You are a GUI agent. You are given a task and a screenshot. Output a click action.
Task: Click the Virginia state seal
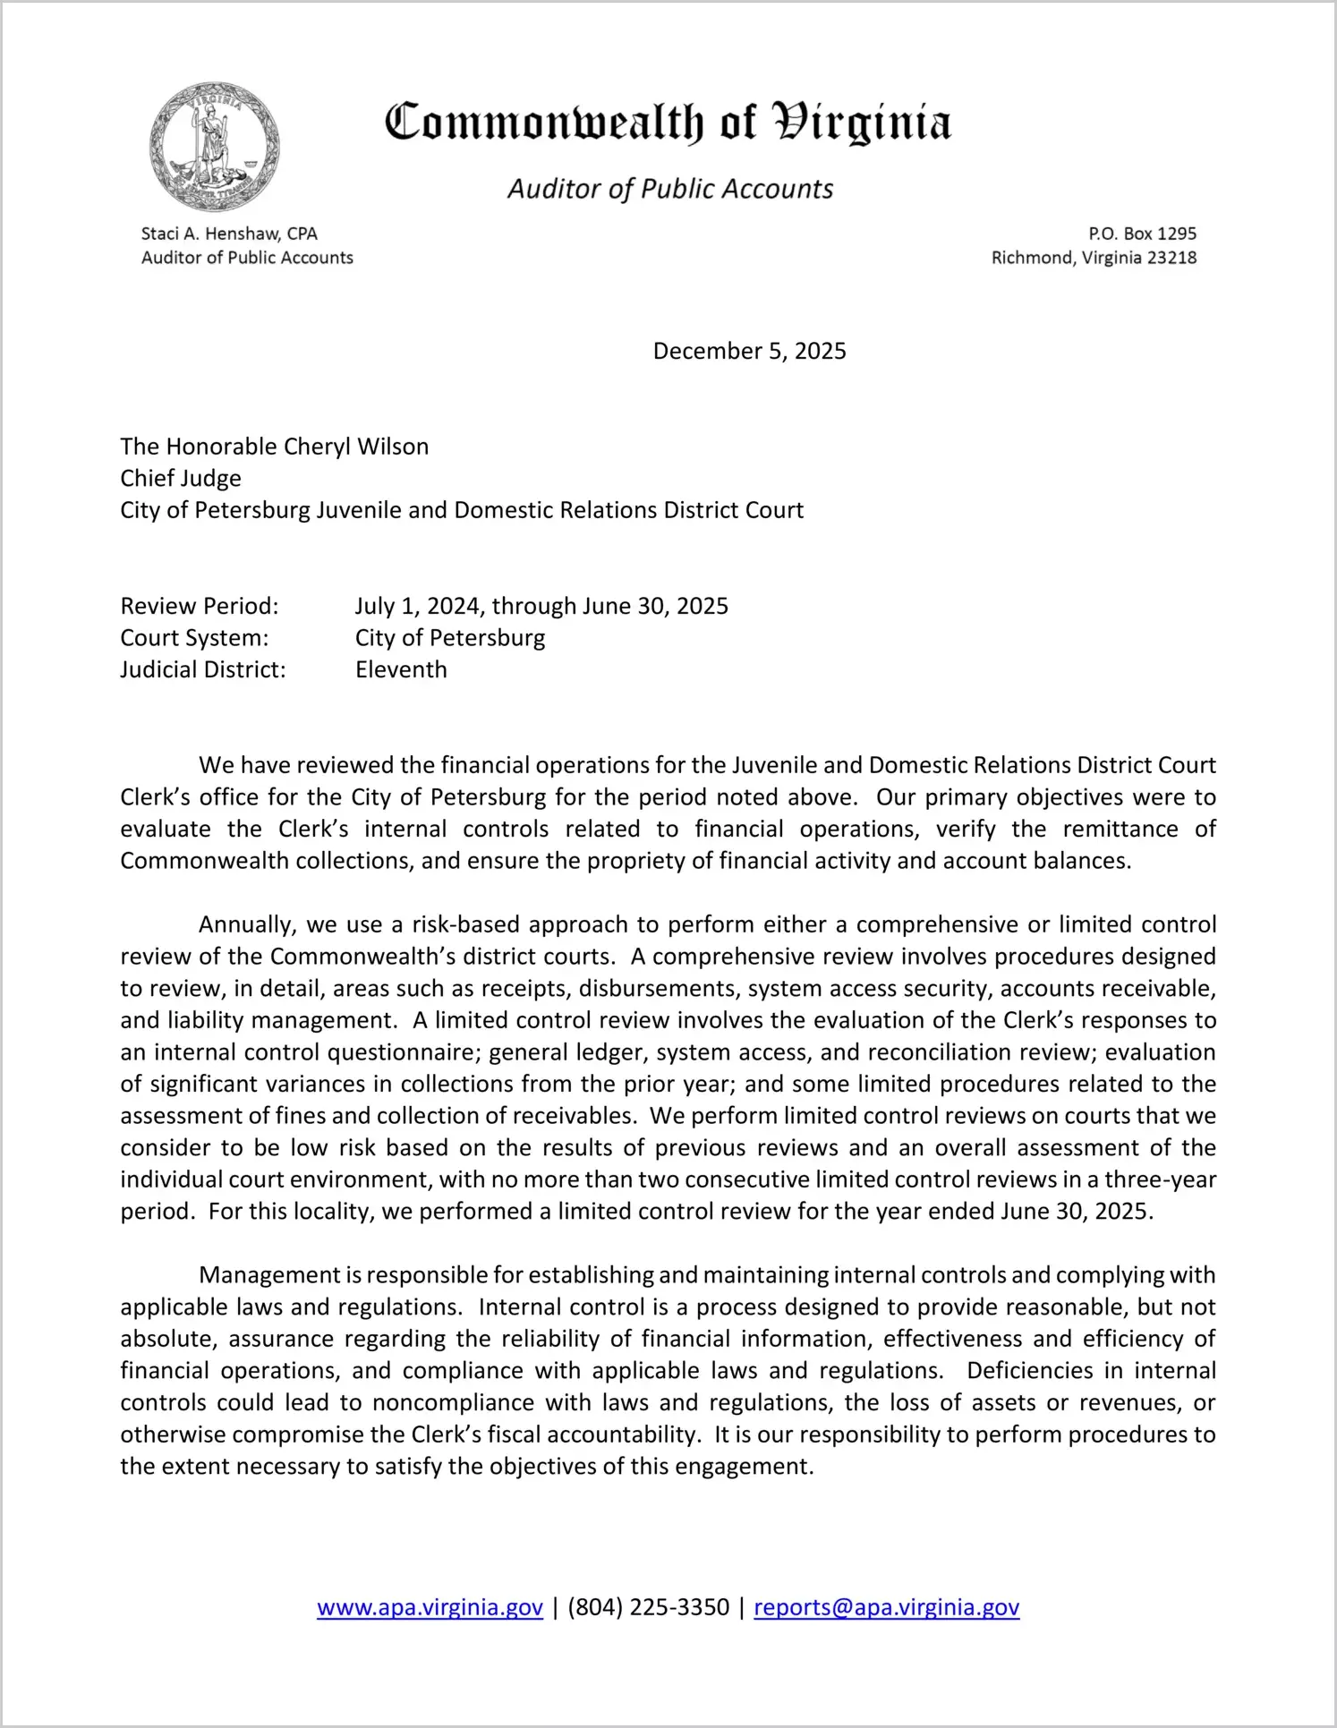pos(215,147)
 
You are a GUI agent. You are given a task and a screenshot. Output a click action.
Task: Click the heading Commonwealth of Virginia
pos(668,123)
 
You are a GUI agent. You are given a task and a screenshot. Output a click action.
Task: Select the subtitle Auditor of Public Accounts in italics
pos(670,189)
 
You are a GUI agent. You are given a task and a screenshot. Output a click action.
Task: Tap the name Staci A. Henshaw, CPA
pos(229,234)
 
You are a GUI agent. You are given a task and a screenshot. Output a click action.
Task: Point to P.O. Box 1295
pos(1142,234)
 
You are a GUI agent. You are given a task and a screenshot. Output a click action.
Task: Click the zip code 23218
pos(1171,258)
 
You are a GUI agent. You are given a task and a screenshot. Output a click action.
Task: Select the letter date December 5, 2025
pos(749,351)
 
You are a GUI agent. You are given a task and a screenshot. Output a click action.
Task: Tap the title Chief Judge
pos(181,478)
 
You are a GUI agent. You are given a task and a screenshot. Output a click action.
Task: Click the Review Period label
pos(200,606)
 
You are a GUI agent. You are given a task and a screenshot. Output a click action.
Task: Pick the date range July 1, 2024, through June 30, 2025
pos(541,606)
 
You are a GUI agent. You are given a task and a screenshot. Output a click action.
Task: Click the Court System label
pos(194,638)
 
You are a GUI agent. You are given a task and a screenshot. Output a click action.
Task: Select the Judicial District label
pos(203,669)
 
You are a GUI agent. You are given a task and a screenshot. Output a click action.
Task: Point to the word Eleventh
pos(401,669)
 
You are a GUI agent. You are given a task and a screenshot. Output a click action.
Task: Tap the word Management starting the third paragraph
pos(269,1275)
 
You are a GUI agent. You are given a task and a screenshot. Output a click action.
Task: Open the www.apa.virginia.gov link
pos(430,1607)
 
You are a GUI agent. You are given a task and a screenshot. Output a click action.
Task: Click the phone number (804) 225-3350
pos(648,1607)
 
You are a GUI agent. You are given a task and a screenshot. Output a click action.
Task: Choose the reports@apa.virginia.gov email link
pos(886,1607)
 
